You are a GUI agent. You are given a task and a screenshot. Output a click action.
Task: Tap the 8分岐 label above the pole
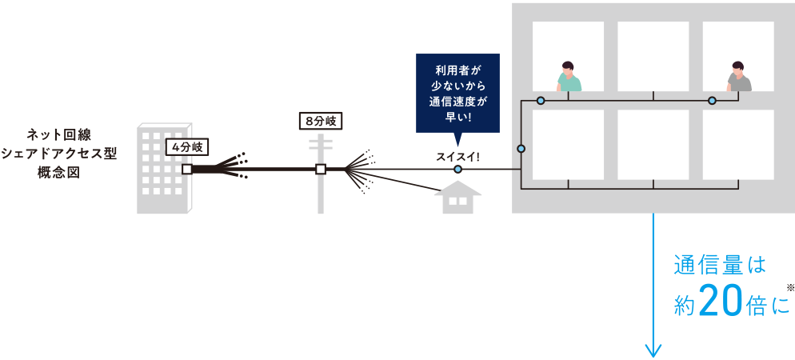(x=321, y=122)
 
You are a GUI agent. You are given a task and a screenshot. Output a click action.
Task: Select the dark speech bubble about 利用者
(x=457, y=92)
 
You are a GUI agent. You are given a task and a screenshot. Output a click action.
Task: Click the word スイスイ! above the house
(x=457, y=155)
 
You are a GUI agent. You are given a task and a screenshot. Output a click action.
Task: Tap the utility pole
(x=321, y=180)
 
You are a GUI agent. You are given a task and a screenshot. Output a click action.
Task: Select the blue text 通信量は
(x=721, y=265)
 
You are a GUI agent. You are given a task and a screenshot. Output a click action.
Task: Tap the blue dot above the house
(x=457, y=170)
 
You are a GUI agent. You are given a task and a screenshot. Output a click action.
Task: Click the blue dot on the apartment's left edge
(x=521, y=149)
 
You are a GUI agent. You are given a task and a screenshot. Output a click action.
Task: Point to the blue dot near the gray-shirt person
(x=711, y=101)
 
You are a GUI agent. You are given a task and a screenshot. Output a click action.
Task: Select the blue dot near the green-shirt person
(x=541, y=101)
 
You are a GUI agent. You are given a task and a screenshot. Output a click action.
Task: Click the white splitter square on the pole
(x=321, y=170)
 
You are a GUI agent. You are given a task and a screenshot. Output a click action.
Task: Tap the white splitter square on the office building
(x=186, y=170)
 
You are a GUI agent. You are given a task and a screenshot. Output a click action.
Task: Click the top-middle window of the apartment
(x=653, y=56)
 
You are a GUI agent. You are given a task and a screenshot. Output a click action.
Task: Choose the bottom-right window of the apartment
(x=738, y=145)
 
